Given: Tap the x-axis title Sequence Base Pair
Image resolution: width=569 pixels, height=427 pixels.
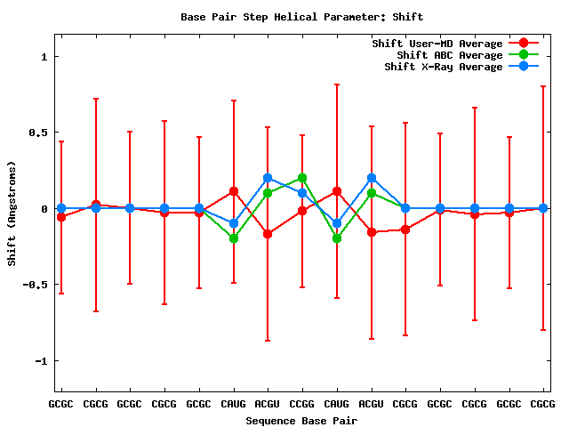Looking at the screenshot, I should click(301, 421).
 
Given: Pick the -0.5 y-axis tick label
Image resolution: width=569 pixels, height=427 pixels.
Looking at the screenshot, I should click(35, 285).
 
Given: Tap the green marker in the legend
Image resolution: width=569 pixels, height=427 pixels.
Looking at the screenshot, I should click(524, 55).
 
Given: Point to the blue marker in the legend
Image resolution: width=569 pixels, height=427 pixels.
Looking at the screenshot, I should click(524, 67).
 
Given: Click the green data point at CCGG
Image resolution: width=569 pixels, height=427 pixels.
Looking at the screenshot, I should click(302, 178).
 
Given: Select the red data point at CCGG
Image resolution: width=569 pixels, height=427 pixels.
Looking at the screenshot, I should click(302, 211).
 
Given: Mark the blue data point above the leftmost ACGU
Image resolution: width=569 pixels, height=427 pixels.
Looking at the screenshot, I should click(268, 178).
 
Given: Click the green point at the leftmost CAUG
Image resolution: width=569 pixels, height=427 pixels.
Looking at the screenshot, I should click(234, 238).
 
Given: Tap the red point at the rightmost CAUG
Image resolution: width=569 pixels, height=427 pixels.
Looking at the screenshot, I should click(337, 191).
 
